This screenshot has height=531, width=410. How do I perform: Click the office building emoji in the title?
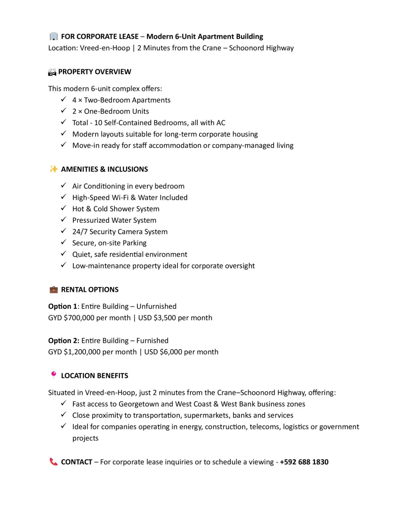coord(53,36)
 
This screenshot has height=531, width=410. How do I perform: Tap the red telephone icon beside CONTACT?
coord(53,462)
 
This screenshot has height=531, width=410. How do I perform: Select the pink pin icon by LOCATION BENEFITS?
coord(53,375)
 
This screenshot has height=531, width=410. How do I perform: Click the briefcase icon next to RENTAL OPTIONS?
coord(53,289)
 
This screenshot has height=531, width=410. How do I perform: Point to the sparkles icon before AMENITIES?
coord(53,169)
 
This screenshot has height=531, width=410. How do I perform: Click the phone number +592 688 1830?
coord(304,462)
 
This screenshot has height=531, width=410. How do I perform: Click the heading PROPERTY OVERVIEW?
coord(95,72)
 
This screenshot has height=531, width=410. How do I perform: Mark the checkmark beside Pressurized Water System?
coord(64,219)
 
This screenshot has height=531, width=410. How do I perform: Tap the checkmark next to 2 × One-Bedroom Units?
coord(64,111)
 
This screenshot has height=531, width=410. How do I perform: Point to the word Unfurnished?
coord(156,306)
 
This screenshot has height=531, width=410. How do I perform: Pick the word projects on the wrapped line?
coord(85,438)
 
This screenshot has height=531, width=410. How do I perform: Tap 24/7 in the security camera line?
coord(80,232)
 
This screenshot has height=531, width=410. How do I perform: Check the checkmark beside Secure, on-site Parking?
coord(64,242)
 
